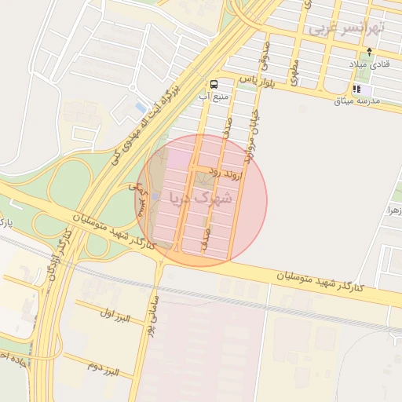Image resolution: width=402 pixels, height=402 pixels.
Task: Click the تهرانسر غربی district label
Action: tap(346, 27)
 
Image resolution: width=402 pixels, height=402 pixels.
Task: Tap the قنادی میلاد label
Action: tap(369, 64)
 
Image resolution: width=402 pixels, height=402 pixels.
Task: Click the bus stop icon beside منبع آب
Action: tap(214, 84)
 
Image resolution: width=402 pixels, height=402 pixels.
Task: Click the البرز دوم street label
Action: tap(102, 366)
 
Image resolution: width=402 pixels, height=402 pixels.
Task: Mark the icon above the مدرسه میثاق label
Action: tap(357, 90)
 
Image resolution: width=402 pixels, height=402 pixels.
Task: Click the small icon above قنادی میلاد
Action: tap(369, 52)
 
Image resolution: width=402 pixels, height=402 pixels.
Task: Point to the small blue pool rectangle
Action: tap(141, 107)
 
